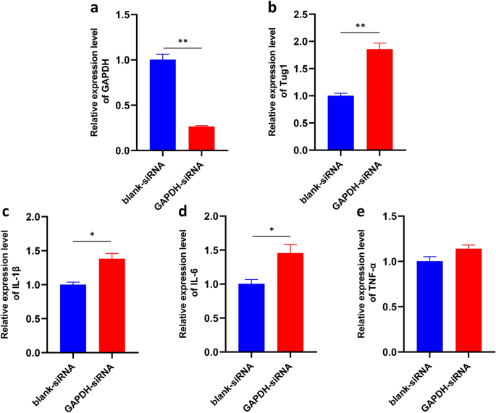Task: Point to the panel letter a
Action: (94, 9)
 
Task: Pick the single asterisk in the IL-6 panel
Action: (271, 230)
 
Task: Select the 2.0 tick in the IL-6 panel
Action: (211, 216)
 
